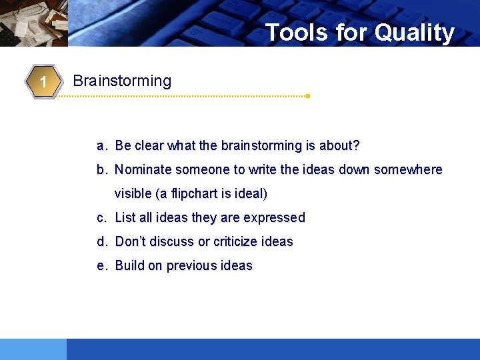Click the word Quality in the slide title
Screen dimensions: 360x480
[414, 32]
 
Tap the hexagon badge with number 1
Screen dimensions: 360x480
[42, 82]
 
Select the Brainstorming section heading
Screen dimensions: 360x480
[122, 81]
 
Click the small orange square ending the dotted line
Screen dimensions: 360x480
[308, 96]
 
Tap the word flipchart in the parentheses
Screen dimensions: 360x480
[193, 194]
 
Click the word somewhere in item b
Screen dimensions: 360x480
[408, 170]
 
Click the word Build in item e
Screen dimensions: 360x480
[129, 266]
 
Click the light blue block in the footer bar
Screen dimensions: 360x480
[33, 349]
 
